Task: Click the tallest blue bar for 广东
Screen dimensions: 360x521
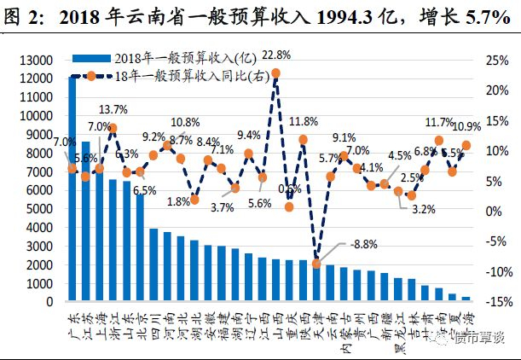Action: (x=72, y=188)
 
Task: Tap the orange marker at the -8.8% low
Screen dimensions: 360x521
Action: (x=316, y=264)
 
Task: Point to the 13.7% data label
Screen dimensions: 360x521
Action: (x=113, y=110)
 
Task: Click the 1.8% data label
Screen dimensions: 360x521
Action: (x=177, y=202)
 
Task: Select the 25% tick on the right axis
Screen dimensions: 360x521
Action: (x=496, y=61)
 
